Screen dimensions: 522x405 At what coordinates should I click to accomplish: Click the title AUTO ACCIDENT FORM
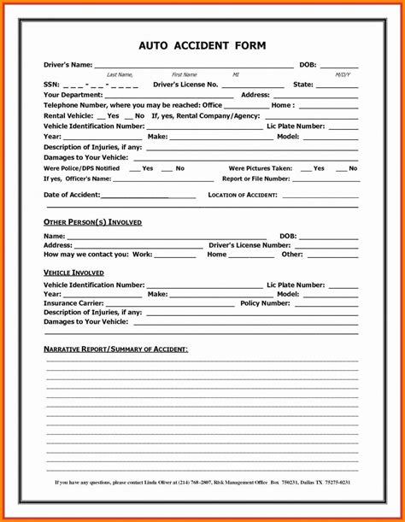point(202,45)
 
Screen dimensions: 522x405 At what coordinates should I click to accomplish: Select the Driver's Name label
point(67,65)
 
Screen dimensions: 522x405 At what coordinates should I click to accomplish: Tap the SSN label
point(51,85)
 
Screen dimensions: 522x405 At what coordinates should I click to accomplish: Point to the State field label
point(303,85)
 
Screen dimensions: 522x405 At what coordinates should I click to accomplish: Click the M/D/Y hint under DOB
point(343,75)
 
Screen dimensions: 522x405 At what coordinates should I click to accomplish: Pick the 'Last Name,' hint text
point(120,75)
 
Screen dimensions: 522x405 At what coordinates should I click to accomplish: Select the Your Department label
point(73,95)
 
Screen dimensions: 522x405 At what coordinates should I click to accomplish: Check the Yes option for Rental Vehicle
point(113,115)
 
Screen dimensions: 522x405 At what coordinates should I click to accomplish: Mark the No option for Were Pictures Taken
point(352,168)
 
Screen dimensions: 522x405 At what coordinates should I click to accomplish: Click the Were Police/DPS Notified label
point(81,168)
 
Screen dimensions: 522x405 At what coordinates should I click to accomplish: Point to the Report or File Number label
point(255,179)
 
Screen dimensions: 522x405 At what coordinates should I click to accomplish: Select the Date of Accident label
point(72,195)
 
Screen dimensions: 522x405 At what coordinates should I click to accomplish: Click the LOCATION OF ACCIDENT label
point(243,195)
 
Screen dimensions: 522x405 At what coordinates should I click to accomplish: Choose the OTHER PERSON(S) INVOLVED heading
point(92,222)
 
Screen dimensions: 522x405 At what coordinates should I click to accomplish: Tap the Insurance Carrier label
point(73,303)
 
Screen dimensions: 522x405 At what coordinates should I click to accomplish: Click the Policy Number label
point(265,303)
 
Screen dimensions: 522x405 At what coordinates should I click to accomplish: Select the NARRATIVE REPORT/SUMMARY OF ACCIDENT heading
point(115,349)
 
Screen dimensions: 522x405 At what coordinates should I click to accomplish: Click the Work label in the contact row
point(142,255)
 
